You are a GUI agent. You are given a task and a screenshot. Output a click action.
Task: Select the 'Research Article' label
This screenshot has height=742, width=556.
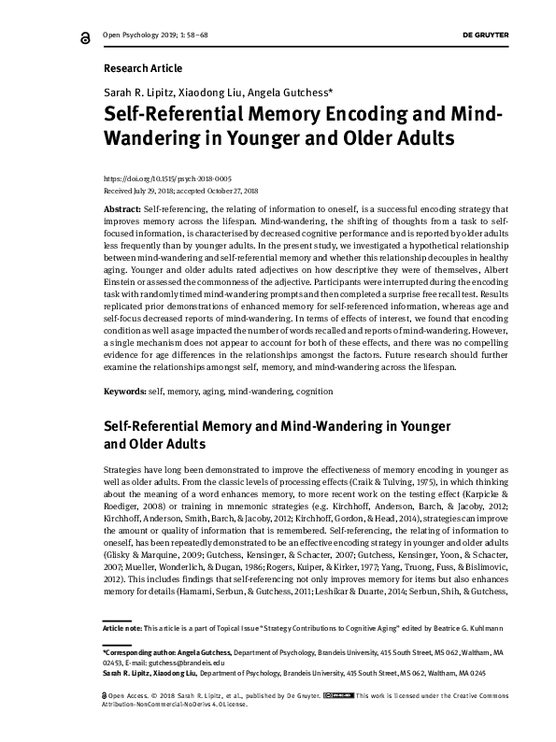pos(142,68)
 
